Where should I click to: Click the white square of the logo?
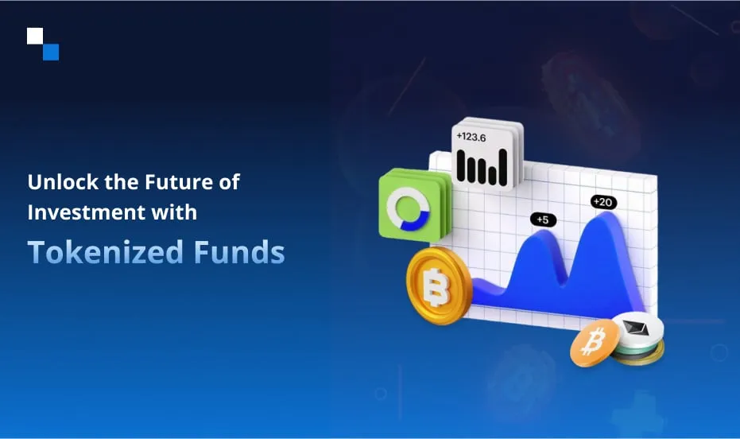pos(35,36)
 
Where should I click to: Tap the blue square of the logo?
pos(51,52)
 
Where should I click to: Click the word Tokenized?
pos(106,251)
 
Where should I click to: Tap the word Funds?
pos(239,251)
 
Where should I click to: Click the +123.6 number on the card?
pos(471,137)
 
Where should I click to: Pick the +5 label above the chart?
pos(543,219)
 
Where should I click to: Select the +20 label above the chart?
pos(603,202)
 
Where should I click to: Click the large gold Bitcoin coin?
pos(439,286)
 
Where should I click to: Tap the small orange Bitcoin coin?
pos(595,343)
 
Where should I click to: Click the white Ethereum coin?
pos(638,330)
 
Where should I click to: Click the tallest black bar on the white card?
pos(502,168)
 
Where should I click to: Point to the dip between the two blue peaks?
pos(564,282)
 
